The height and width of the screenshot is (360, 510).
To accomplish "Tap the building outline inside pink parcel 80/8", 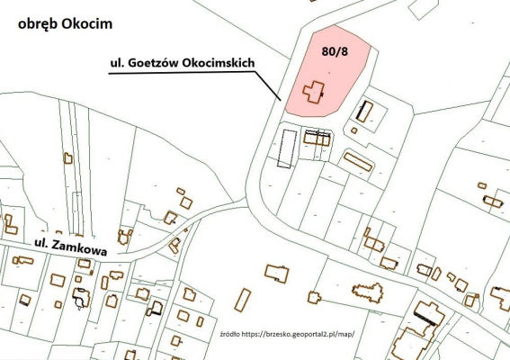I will (314, 93).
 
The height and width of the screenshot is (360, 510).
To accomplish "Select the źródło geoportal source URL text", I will (286, 333).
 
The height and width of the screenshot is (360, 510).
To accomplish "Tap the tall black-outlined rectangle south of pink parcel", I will (286, 148).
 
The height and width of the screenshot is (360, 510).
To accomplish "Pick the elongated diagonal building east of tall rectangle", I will (357, 162).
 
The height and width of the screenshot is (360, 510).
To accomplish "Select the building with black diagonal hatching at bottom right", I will (427, 313).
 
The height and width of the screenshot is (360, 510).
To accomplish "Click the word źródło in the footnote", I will (231, 333).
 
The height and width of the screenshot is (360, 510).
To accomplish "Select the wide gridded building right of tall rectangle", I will (317, 137).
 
